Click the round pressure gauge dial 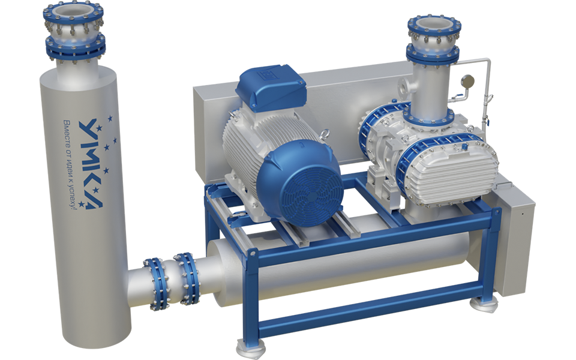[x=468, y=81]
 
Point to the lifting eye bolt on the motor [x=325, y=134]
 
